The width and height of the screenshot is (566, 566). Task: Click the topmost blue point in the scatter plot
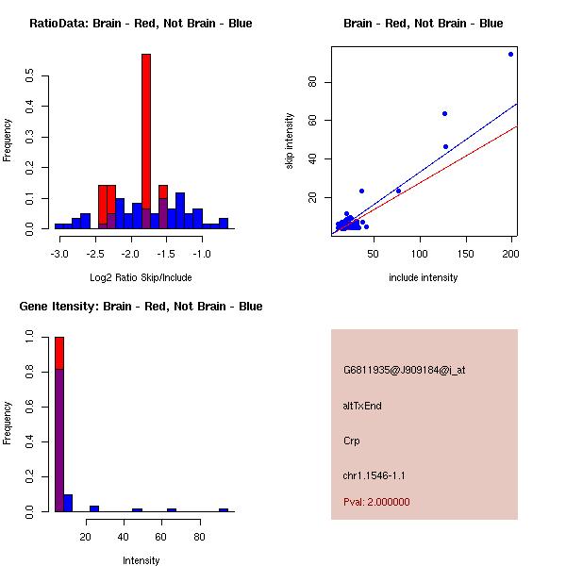click(510, 54)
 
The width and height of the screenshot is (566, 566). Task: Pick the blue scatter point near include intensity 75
click(398, 191)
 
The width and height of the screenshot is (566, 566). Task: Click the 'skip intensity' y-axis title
click(290, 141)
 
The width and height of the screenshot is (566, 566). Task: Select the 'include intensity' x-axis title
click(423, 277)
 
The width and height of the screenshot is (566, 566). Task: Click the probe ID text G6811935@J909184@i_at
click(404, 370)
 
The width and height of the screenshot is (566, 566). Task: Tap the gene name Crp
click(352, 441)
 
